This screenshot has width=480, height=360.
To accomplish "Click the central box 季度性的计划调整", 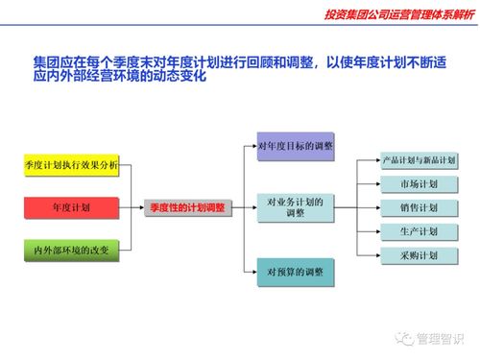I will click(x=187, y=207).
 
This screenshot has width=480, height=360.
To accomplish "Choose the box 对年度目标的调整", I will click(x=296, y=146).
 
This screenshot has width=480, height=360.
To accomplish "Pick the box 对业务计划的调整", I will click(x=296, y=207).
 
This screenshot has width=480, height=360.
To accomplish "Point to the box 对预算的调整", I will click(x=296, y=272).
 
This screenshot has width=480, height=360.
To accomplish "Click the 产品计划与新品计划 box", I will click(x=419, y=159).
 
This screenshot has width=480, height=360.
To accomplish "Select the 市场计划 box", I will click(x=419, y=183).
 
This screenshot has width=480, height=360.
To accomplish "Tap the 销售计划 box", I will click(x=419, y=207).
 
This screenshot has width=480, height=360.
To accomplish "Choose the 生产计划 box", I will click(x=419, y=231).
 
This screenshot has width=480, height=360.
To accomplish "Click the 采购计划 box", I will click(x=419, y=255).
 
